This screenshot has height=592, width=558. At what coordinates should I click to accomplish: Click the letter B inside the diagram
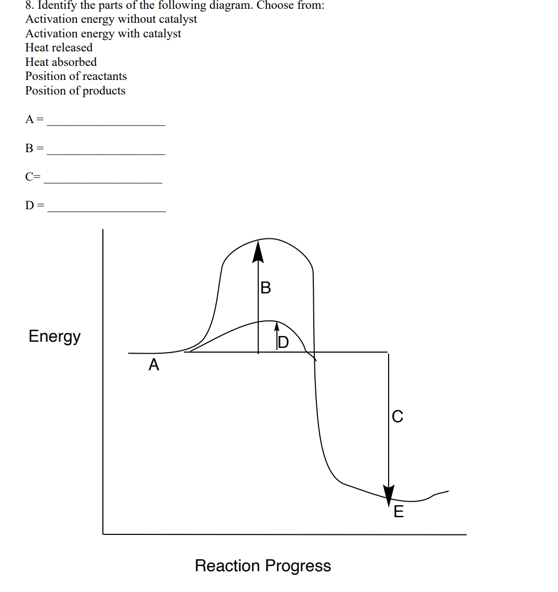point(265,287)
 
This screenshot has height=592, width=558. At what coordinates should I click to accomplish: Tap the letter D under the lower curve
point(283,342)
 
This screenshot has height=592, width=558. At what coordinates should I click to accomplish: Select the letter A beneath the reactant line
point(154,365)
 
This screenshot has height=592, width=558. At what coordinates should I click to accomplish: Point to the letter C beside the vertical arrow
point(397,416)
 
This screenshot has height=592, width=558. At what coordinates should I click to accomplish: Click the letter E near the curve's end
point(398,512)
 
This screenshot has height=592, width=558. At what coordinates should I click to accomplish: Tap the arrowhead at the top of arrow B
point(258,250)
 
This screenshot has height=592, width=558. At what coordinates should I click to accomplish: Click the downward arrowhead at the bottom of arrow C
point(389,495)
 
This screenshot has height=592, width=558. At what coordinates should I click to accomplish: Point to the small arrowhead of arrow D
point(277,326)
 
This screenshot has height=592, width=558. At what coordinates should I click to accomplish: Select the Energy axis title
point(55,337)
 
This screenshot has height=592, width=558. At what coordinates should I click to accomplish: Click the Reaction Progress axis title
point(263,566)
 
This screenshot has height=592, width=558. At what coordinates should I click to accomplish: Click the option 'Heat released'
point(59,48)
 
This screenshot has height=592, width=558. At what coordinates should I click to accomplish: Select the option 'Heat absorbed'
point(61,62)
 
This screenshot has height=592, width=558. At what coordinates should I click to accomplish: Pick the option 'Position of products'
point(75,91)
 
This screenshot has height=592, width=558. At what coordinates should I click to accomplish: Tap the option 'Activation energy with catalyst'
point(103,34)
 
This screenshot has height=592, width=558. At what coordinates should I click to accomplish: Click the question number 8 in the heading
point(29,6)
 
